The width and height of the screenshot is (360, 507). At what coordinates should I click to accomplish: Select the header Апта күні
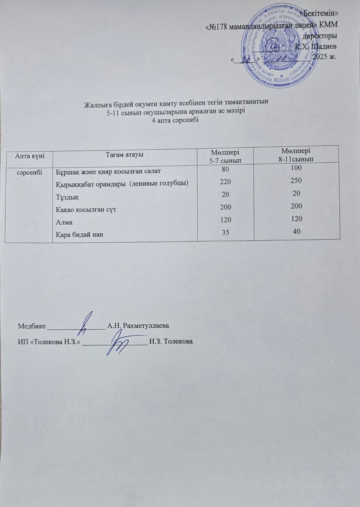point(28,155)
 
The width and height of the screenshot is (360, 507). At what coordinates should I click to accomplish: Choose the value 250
point(296,181)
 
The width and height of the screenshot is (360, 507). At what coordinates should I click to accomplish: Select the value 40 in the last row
point(296,231)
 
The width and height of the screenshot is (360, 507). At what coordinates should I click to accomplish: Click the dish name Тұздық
point(67,198)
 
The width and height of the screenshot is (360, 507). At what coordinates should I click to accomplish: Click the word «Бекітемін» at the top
point(321,14)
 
